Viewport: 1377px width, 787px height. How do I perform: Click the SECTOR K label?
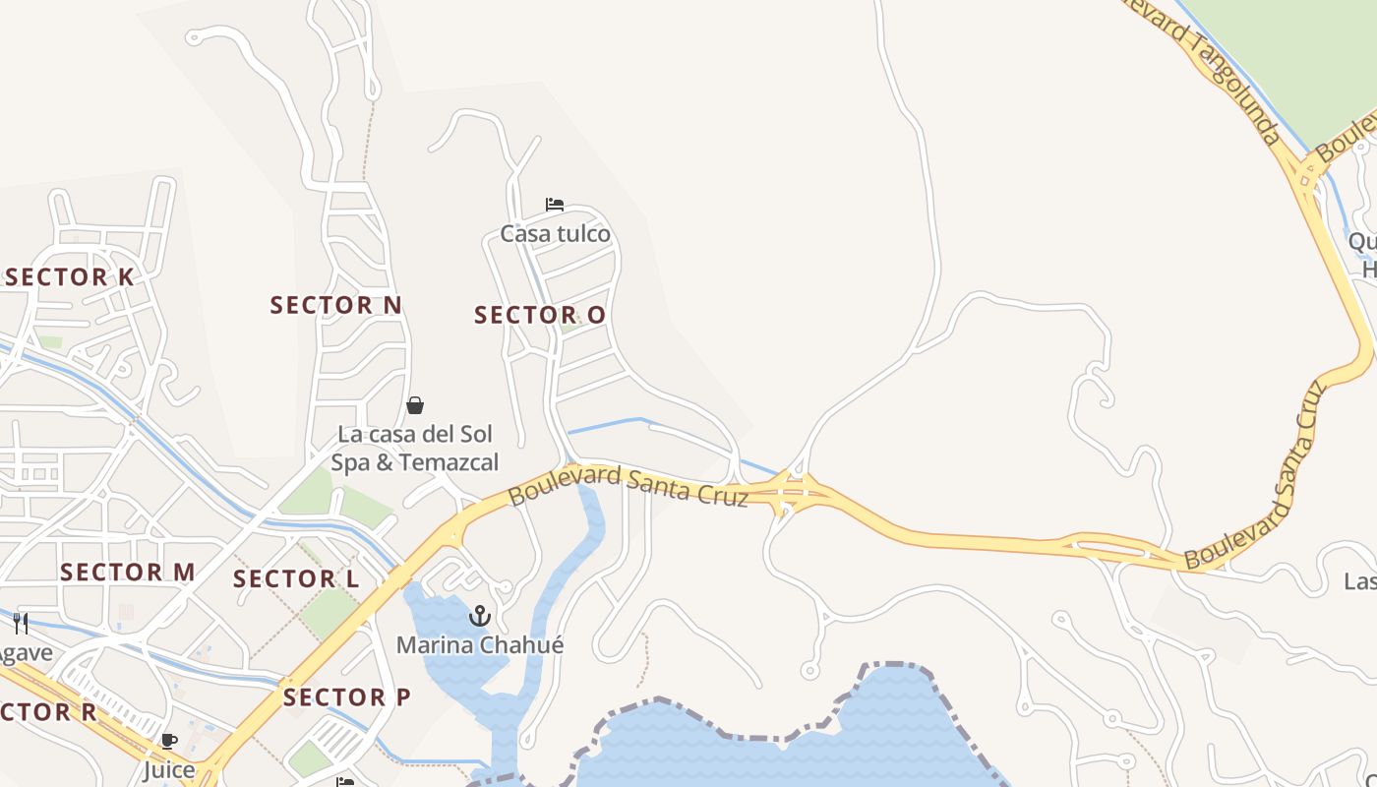[x=69, y=277]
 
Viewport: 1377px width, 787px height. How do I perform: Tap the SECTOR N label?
[x=336, y=305]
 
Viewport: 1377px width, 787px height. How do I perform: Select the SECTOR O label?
[x=540, y=316]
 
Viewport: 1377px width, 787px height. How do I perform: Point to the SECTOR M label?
[x=128, y=573]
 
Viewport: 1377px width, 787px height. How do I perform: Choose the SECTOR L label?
[x=296, y=578]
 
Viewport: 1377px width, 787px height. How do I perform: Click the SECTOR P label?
[x=347, y=697]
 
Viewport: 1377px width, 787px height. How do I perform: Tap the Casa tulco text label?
[x=555, y=234]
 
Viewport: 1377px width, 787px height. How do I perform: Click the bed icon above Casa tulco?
[x=555, y=205]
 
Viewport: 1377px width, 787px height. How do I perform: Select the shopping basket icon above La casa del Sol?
[x=415, y=405]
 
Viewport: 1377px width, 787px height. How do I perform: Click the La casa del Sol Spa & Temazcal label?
[x=415, y=449]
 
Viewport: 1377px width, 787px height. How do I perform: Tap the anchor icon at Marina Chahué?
[x=480, y=617]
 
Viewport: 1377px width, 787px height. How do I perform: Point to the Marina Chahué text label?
[x=480, y=645]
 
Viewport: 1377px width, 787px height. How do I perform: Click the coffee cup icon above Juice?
[x=169, y=741]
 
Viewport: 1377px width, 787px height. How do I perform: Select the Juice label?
[x=169, y=769]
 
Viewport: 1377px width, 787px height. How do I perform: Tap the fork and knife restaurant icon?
[x=21, y=623]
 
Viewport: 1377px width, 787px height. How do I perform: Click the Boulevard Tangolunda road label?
[x=1203, y=69]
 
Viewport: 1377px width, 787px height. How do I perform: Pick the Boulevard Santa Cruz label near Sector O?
[x=629, y=485]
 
